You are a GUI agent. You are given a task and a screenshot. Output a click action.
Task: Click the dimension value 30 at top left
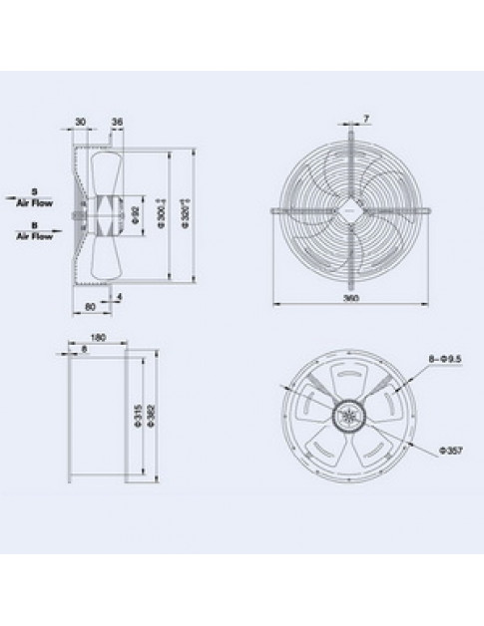coord(79,124)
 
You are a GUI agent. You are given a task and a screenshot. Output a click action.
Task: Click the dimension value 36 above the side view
coord(117,124)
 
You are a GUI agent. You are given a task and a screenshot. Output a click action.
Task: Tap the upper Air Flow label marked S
coord(34,197)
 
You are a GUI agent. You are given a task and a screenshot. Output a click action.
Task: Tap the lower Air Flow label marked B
coord(34,233)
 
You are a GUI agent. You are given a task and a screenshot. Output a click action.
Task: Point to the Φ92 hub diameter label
coord(133,213)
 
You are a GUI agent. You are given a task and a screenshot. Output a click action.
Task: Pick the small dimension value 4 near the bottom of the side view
coord(120,297)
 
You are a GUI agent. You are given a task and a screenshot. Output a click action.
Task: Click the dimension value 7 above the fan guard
coord(367,120)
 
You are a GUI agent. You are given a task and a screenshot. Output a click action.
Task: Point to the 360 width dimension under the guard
coord(351,297)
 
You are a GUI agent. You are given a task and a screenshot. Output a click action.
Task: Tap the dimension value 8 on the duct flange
coord(85,350)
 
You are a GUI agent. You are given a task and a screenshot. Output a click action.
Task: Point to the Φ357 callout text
coord(450,451)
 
